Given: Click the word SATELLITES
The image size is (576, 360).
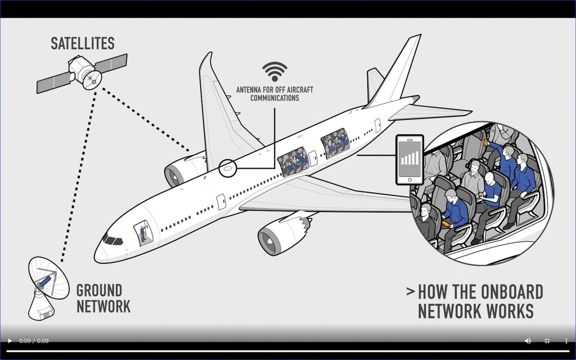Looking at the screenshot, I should [x=83, y=43].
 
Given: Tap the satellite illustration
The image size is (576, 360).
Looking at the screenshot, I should [x=83, y=73].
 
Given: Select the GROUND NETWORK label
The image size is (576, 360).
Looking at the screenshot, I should [x=103, y=299].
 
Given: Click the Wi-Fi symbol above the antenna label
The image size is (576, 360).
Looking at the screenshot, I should [x=274, y=71].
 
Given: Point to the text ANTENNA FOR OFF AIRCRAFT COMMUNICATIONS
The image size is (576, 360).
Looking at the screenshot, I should [x=274, y=93].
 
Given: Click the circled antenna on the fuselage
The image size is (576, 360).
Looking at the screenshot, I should [x=228, y=168].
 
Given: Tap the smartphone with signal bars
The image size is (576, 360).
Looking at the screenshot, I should [x=409, y=159].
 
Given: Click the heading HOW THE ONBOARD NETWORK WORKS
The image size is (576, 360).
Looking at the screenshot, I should [x=475, y=301].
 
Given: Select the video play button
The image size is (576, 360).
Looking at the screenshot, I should [x=10, y=341].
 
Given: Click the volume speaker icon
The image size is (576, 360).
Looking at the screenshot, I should [x=528, y=341].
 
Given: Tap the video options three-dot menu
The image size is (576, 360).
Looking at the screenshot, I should [x=566, y=341].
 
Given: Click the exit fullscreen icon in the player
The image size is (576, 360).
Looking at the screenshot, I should [x=547, y=341].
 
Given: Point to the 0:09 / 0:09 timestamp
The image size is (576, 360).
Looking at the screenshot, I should [x=34, y=341].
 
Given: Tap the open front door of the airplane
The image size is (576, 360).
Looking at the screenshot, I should [x=143, y=232].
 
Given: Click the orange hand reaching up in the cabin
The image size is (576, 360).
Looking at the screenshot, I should [x=485, y=143].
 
